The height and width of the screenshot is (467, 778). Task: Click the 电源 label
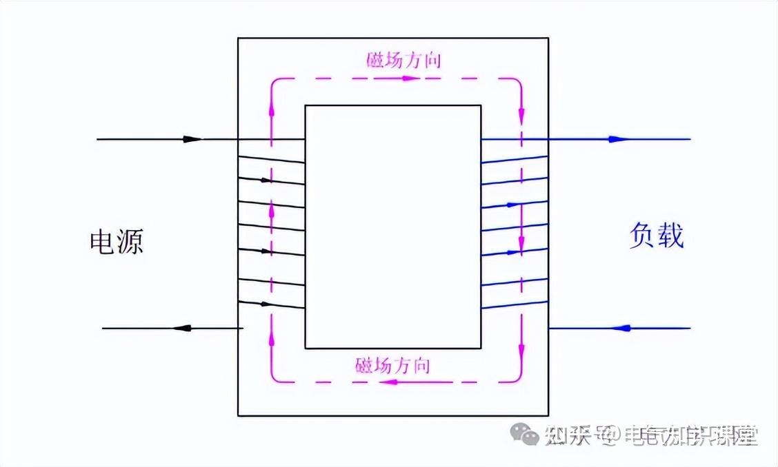click(117, 242)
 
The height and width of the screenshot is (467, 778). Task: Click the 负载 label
click(656, 236)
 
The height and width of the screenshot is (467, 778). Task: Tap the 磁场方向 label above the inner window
click(403, 60)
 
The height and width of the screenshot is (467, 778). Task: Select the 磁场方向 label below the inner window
click(392, 365)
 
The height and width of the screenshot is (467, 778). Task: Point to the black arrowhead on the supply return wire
click(181, 328)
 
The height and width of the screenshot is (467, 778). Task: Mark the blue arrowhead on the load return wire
click(621, 328)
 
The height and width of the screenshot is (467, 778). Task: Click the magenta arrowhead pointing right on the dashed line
click(410, 79)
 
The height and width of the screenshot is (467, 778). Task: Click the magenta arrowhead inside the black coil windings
click(271, 207)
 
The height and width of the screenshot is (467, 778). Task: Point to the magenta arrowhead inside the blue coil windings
click(521, 243)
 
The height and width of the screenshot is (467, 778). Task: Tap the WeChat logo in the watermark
click(525, 434)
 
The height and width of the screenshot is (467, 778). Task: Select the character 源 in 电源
click(130, 242)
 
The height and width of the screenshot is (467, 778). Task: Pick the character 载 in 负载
click(670, 236)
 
